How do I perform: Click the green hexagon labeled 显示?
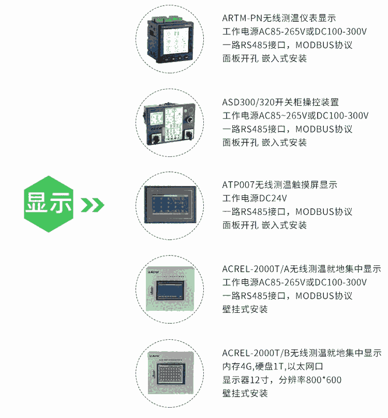click(x=49, y=204)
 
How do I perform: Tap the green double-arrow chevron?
click(x=93, y=205)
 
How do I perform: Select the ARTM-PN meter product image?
click(x=169, y=39)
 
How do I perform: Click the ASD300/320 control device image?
click(x=169, y=123)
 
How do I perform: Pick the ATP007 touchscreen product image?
click(x=170, y=205)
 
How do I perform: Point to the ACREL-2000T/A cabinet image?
click(x=170, y=289)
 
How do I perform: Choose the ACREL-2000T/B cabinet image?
click(x=170, y=373)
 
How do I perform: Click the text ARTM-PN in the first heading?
click(x=242, y=18)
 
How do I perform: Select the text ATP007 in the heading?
click(x=238, y=185)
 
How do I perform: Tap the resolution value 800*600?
click(x=324, y=380)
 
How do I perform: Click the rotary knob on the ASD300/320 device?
click(x=190, y=120)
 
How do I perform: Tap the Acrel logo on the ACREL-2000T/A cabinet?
click(x=154, y=272)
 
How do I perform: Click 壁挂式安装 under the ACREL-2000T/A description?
click(x=245, y=309)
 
